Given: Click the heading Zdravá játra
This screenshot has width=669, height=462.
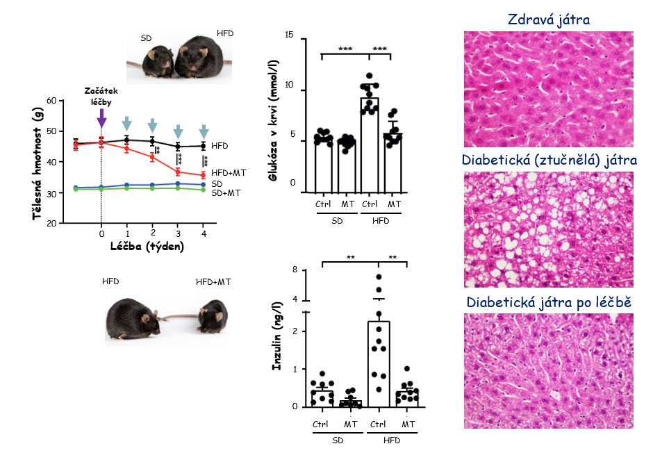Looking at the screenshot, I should click(548, 19).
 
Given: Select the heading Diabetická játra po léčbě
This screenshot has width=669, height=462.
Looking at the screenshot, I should click(549, 303).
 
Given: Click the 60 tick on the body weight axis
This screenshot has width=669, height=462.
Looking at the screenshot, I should click(51, 101).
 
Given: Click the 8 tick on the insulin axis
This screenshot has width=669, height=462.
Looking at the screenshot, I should click(295, 270).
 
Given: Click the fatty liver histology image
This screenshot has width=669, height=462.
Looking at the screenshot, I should click(548, 230).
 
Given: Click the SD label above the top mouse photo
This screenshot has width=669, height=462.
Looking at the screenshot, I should click(147, 38).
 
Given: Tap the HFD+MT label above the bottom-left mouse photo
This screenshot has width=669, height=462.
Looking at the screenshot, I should click(213, 281).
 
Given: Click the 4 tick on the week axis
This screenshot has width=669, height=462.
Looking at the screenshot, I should click(204, 233).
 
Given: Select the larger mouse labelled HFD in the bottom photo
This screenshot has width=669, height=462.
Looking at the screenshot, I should click(136, 320).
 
